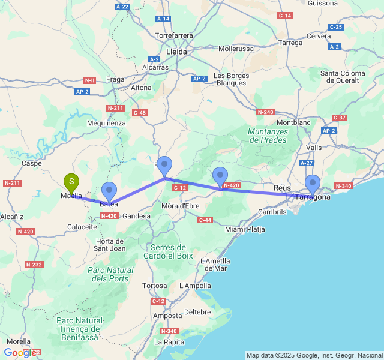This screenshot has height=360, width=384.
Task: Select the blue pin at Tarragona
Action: (313, 183)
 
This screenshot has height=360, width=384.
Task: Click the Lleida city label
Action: (176, 52)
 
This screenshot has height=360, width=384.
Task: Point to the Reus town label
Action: (282, 188)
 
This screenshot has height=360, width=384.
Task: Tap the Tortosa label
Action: (154, 285)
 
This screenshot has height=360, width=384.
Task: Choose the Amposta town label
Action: (167, 316)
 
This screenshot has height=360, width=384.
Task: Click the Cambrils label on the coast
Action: (272, 212)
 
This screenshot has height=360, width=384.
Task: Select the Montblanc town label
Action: (293, 122)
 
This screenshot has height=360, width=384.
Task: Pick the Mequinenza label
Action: (106, 123)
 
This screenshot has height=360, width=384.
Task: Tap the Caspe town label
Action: (31, 163)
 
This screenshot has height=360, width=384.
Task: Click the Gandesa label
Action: (136, 216)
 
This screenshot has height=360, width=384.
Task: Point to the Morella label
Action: (18, 341)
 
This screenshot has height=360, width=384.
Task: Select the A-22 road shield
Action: (122, 7)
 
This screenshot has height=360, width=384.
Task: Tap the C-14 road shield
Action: (285, 15)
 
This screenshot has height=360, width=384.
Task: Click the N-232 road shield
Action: (33, 264)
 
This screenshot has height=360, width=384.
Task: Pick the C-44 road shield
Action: (205, 220)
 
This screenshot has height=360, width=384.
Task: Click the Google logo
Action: (19, 353)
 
